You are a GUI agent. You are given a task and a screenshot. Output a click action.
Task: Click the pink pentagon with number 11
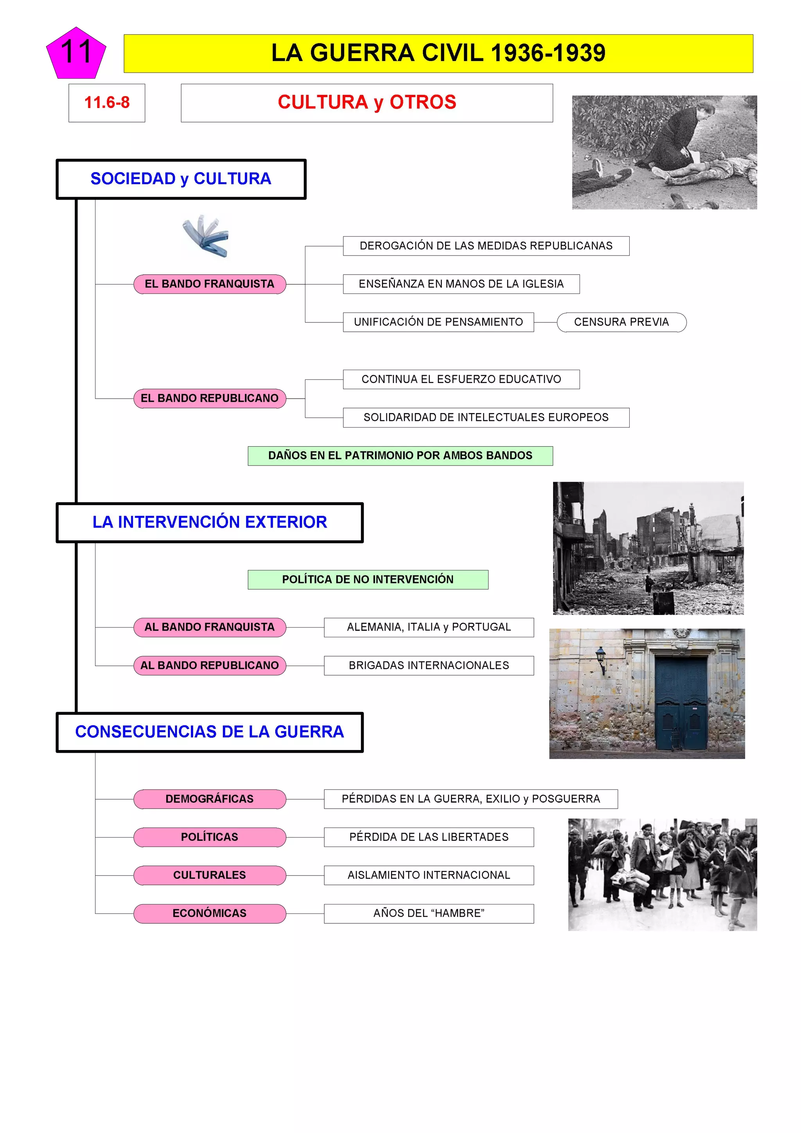point(76,54)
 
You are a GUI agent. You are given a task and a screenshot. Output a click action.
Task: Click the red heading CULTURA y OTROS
point(366,103)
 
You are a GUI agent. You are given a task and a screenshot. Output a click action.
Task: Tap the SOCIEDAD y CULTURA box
point(181,179)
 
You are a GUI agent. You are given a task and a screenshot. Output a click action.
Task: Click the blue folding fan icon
point(206,236)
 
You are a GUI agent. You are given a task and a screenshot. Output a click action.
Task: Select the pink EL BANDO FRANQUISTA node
point(210,284)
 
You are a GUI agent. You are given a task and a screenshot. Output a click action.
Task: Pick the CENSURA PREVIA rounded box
point(621,322)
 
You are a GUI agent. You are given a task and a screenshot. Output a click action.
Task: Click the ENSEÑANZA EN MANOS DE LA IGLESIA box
point(461,284)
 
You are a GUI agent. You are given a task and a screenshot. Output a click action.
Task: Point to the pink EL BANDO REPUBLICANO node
point(210,398)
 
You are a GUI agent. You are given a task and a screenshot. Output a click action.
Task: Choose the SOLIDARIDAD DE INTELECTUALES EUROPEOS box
point(486,417)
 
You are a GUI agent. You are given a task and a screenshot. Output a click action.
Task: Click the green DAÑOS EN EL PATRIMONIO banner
point(400,455)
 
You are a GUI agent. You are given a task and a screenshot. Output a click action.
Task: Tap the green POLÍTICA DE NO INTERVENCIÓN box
point(368,579)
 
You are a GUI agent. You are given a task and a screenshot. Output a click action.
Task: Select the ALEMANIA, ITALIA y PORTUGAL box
point(429,627)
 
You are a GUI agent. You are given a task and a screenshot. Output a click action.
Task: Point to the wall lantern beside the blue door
point(601,659)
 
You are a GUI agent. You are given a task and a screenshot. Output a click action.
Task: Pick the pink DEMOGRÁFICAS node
point(210,799)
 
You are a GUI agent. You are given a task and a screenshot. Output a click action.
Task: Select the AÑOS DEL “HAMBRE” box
point(429,914)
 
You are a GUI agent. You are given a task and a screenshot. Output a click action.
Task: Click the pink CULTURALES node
point(210,876)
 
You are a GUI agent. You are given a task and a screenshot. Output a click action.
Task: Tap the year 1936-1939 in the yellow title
point(548,53)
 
